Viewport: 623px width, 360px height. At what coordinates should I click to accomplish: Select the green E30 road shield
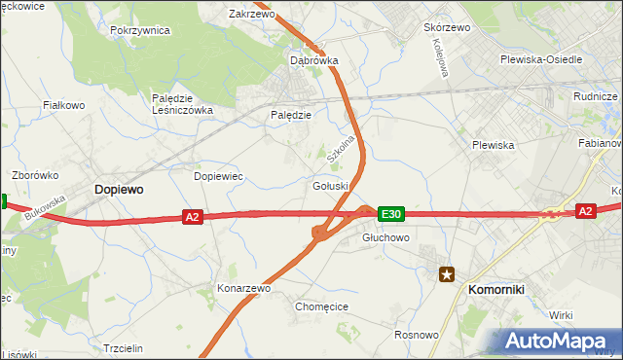tap(390, 213)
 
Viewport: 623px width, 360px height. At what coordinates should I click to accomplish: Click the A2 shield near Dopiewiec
tap(192, 217)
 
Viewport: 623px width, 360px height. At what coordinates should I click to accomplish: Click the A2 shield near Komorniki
tap(585, 210)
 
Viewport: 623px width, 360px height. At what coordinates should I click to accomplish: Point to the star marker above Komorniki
tap(447, 274)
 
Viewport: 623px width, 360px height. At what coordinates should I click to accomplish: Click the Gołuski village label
tap(331, 186)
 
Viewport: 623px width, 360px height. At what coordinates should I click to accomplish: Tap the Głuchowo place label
tap(385, 236)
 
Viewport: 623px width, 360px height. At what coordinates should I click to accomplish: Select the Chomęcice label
tap(321, 306)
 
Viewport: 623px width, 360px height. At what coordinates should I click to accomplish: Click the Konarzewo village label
tap(243, 289)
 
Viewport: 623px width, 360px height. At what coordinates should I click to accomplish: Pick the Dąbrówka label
tap(314, 60)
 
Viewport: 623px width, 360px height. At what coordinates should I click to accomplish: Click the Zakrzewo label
tap(251, 15)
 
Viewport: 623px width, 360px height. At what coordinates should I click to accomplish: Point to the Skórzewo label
tap(447, 27)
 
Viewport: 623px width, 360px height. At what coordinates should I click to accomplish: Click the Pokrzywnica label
tap(140, 30)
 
